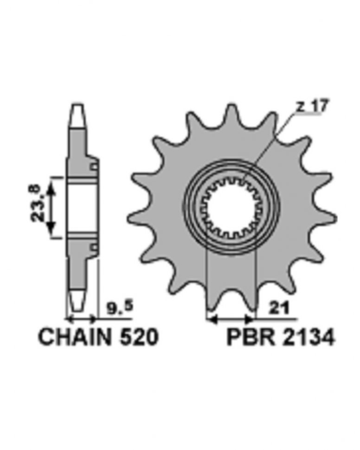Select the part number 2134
point(309,337)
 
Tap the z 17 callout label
point(311,106)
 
